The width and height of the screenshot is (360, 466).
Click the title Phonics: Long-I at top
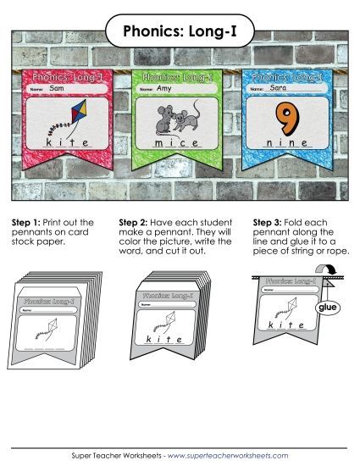[180, 31]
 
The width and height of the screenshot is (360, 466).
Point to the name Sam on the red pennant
[58, 88]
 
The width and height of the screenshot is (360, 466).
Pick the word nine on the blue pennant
[291, 144]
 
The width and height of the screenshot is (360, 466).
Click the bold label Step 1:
[26, 223]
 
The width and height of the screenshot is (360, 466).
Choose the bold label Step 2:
[135, 223]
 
